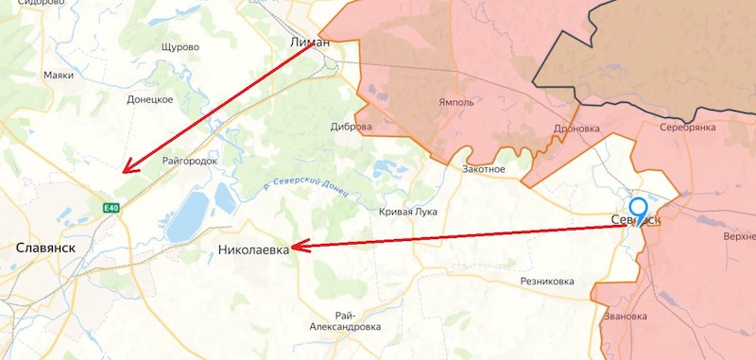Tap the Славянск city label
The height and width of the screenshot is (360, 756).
click(44, 247)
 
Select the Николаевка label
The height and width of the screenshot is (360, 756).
click(252, 250)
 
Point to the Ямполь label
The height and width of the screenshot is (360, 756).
click(455, 102)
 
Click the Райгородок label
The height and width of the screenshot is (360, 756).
click(189, 161)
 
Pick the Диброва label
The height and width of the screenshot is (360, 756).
click(352, 127)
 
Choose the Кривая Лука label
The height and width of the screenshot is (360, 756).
click(408, 212)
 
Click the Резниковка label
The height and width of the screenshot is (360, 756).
click(547, 282)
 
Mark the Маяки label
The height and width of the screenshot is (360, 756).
click(59, 76)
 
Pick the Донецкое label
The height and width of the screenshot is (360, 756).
click(150, 98)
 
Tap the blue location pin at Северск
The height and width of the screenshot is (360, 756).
click(639, 210)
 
